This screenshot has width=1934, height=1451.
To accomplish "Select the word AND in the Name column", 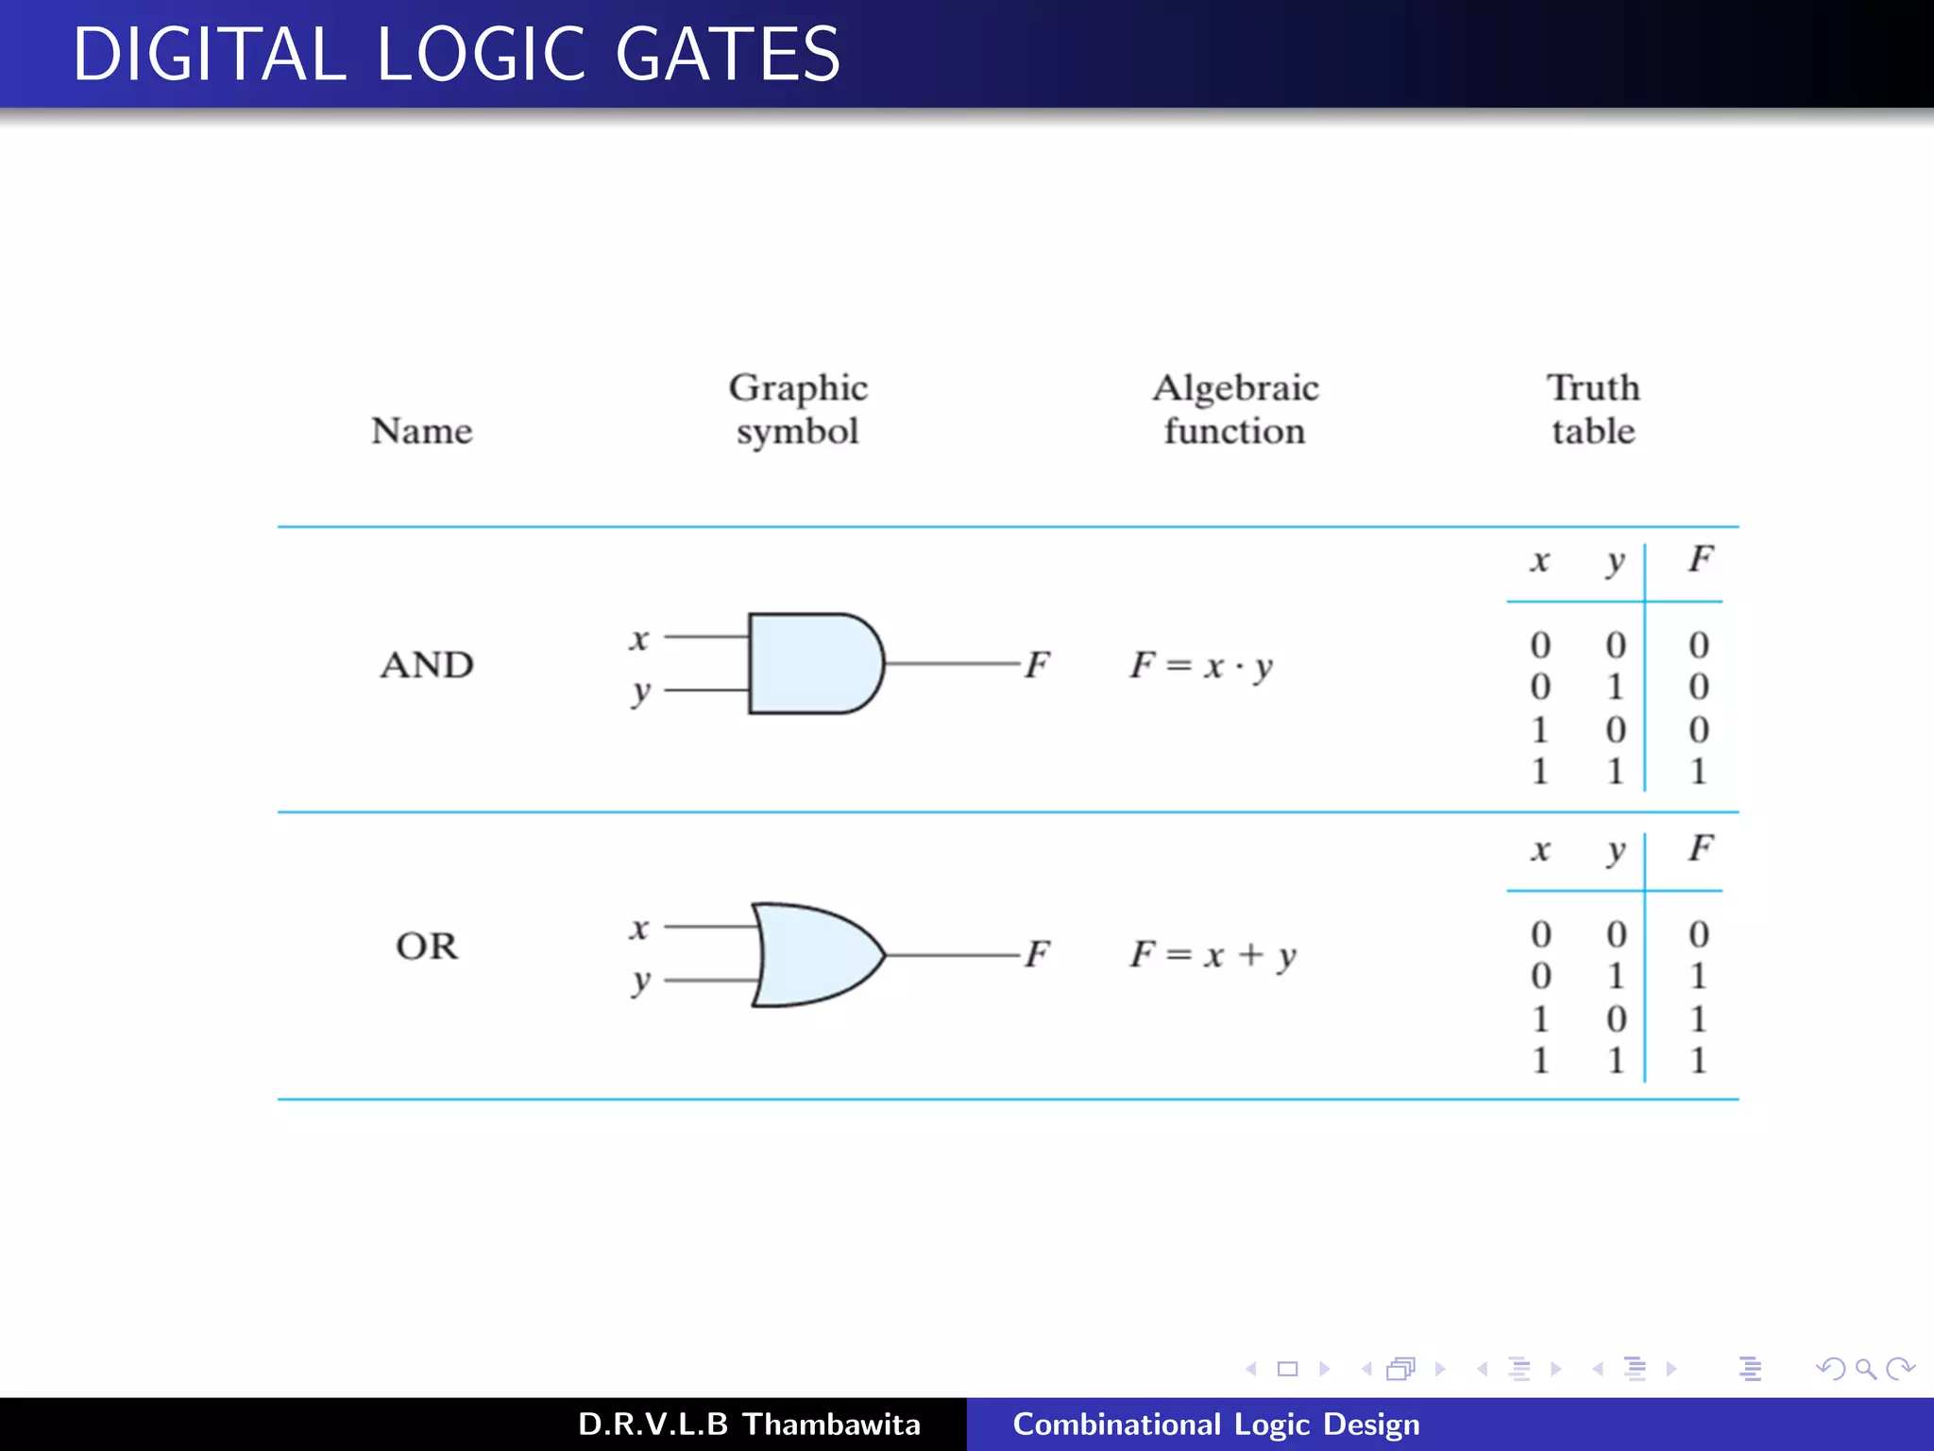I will (427, 665).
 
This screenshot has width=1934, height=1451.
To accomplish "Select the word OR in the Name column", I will (427, 946).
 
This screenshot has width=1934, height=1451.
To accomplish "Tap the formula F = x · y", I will (1201, 665).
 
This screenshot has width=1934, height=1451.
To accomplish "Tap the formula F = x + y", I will (1213, 954).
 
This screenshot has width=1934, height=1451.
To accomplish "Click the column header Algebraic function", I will (1235, 408).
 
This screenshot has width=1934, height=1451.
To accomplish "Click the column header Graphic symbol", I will (798, 408).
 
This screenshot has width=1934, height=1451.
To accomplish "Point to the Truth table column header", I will (1593, 408).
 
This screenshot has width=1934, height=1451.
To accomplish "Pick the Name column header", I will (421, 431).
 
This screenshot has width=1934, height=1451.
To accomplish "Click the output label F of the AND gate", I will (1037, 664).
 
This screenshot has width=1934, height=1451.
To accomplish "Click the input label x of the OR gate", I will (639, 928).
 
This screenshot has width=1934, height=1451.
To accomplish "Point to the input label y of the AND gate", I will (640, 691).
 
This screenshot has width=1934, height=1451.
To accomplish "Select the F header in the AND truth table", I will (1700, 558).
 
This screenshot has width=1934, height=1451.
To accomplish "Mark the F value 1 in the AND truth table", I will (1698, 772).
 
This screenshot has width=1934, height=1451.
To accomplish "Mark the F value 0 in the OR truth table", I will (1698, 934).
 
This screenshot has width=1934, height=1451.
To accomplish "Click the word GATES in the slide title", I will (727, 54).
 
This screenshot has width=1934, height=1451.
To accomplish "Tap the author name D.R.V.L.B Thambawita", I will (749, 1424).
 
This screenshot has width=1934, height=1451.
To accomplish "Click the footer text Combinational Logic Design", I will (1215, 1424).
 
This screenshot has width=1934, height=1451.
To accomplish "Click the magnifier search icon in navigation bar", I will (1865, 1369).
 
